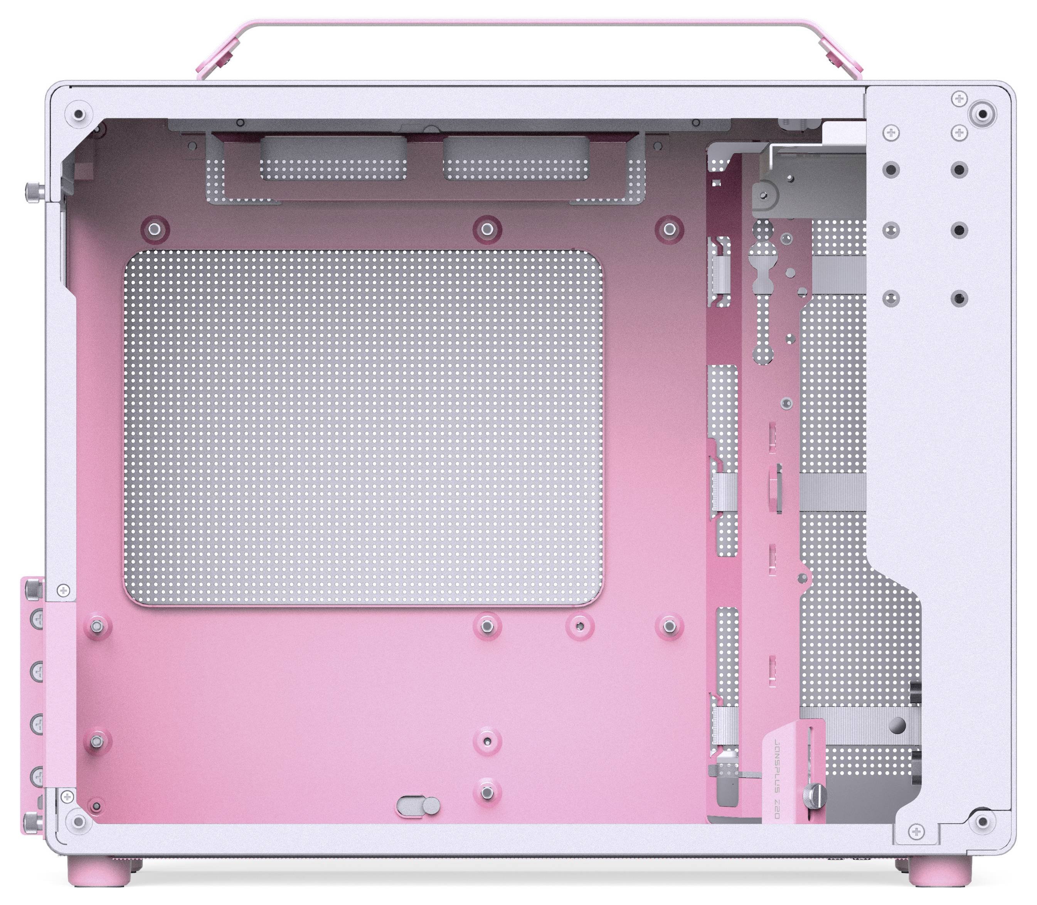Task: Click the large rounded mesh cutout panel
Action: [x=363, y=427]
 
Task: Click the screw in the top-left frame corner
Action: [x=78, y=115]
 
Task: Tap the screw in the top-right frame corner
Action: [x=982, y=114]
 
